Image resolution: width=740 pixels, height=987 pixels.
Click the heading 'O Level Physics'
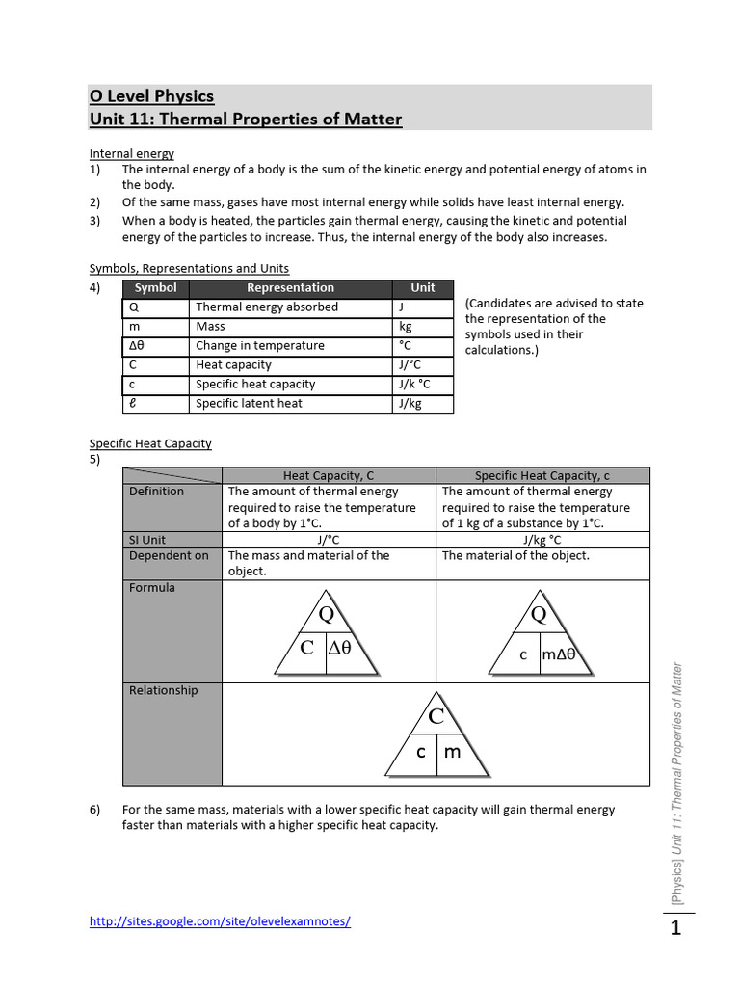[151, 95]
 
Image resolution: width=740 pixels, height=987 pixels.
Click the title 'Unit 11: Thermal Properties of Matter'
[246, 120]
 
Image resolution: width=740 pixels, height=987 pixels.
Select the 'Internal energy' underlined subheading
[132, 153]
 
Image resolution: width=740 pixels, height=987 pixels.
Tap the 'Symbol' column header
[155, 288]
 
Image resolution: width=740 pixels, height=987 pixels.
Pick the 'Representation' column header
[290, 288]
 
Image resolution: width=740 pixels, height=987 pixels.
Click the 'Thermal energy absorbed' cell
[267, 307]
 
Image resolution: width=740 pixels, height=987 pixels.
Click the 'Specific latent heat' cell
[249, 404]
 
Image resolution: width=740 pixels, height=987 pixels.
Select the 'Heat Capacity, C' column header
[329, 476]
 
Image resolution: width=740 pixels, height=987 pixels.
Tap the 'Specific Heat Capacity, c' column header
[542, 476]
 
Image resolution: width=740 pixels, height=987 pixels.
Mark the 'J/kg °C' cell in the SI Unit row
[542, 540]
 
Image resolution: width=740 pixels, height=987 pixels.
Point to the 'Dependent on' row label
[169, 556]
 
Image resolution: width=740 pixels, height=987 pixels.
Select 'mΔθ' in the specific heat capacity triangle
[558, 655]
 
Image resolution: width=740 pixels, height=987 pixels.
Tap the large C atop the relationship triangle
[436, 716]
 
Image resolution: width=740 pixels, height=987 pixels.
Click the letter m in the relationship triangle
[453, 752]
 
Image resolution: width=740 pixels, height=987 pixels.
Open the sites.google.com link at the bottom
[220, 921]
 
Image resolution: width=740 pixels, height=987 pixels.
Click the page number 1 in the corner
[675, 929]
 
